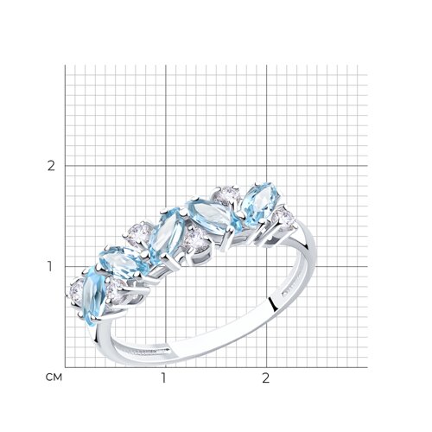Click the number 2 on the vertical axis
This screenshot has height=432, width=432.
tap(51, 166)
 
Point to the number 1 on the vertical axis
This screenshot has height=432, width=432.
tap(50, 267)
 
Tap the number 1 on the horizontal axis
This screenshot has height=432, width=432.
tap(163, 378)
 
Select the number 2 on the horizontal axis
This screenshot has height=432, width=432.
tap(266, 378)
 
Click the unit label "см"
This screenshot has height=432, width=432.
tap(54, 378)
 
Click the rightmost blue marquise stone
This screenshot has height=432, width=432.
tap(259, 204)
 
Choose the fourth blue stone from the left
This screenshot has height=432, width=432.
tap(213, 214)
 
